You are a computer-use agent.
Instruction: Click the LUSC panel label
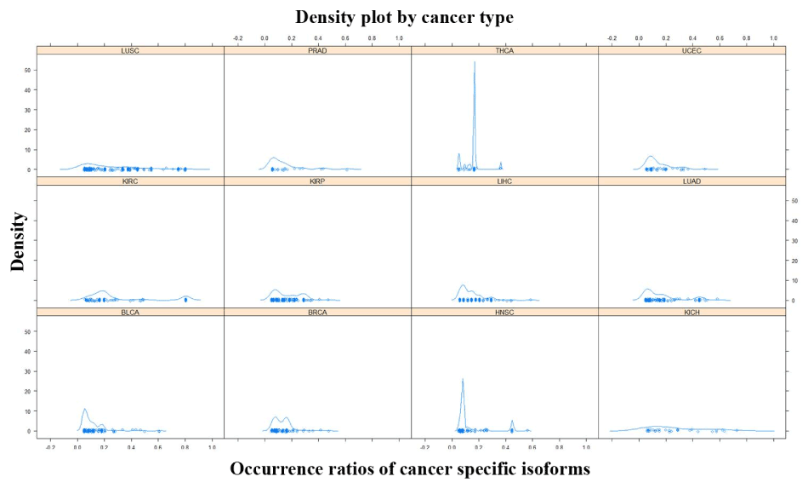tap(130, 50)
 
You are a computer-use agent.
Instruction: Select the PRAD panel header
tap(317, 50)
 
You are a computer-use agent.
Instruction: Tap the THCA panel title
tap(504, 50)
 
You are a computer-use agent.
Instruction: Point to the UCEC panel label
tap(691, 50)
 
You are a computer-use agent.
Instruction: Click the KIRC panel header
tap(130, 181)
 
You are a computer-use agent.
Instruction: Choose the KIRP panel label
tap(317, 181)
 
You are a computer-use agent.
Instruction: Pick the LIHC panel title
tap(504, 181)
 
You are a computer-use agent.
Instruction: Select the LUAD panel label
tap(691, 181)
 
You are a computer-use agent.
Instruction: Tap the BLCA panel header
tap(130, 313)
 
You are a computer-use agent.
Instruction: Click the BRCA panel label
tap(317, 313)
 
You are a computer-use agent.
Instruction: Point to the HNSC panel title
tap(504, 313)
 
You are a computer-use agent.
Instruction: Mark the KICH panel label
tap(691, 313)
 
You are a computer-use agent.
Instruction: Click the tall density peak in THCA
tap(474, 64)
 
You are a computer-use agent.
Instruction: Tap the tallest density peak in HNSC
tap(462, 380)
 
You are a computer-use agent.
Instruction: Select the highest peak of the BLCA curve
tap(84, 410)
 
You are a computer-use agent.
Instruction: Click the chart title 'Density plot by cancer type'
tap(404, 17)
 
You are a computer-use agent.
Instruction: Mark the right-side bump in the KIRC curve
tap(185, 296)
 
